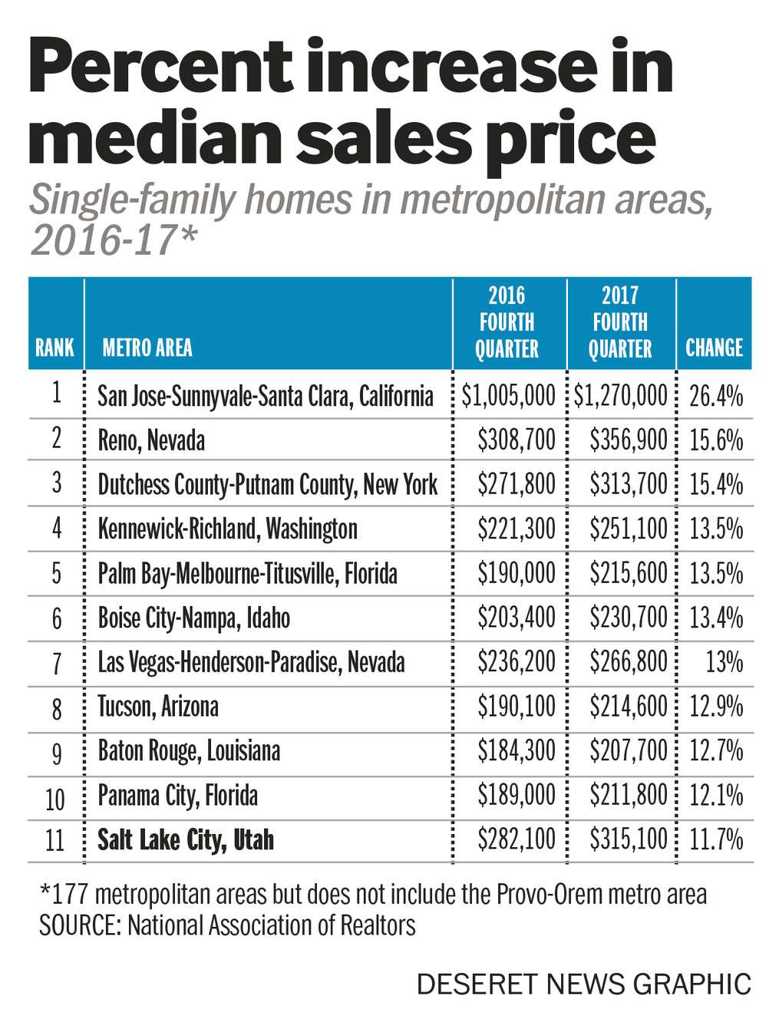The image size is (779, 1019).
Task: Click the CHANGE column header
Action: pyautogui.click(x=714, y=348)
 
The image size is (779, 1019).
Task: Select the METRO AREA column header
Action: pyautogui.click(x=147, y=348)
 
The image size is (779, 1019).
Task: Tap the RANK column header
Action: pyautogui.click(x=54, y=348)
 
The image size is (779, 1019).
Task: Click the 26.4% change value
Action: pyautogui.click(x=716, y=396)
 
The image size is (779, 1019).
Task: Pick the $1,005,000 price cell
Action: pyautogui.click(x=509, y=396)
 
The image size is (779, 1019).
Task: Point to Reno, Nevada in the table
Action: pyautogui.click(x=151, y=440)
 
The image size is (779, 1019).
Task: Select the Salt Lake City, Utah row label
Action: pyautogui.click(x=186, y=839)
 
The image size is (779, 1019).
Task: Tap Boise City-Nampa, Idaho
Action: pyautogui.click(x=194, y=618)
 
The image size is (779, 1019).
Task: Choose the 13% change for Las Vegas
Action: pyautogui.click(x=724, y=662)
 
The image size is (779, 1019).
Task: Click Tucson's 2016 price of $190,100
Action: pyautogui.click(x=516, y=706)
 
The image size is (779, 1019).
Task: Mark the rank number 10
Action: pyautogui.click(x=55, y=800)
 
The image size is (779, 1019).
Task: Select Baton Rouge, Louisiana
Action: pyautogui.click(x=189, y=750)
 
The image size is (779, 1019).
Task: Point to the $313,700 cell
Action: pyautogui.click(x=629, y=484)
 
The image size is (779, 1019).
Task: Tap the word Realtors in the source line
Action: pyautogui.click(x=373, y=925)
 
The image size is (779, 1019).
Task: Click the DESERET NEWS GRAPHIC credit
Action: pyautogui.click(x=583, y=984)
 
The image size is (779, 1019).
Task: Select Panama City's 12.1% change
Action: pyautogui.click(x=716, y=795)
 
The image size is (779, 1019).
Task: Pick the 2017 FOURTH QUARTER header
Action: pyautogui.click(x=620, y=322)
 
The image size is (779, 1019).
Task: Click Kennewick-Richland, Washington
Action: pyautogui.click(x=227, y=529)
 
